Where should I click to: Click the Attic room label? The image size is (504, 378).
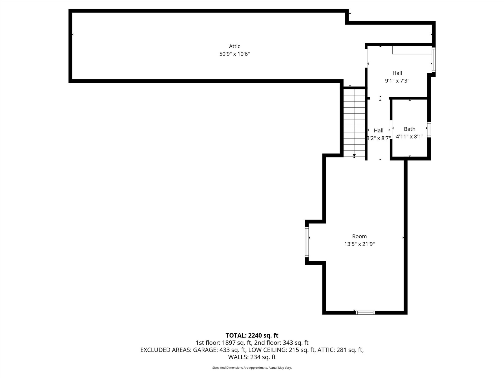point(234,46)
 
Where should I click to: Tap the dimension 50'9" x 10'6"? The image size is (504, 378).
point(234,54)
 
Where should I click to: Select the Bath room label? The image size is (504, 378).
point(409,129)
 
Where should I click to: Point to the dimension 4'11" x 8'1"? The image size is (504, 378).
point(409,137)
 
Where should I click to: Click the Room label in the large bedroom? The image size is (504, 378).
point(359,236)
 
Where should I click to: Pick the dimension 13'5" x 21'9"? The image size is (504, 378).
point(359,244)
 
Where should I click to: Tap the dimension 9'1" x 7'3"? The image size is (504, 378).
point(397,81)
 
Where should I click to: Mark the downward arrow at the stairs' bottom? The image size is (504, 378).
point(354,155)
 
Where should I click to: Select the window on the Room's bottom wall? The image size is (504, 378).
point(365,313)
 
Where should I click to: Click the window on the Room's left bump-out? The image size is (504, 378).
point(307,242)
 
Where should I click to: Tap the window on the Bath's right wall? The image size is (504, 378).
point(429,130)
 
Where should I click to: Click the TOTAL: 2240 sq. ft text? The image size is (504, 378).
point(252,335)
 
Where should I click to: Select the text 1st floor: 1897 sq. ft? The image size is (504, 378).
point(224,343)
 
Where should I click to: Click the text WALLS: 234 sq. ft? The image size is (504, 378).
point(252,357)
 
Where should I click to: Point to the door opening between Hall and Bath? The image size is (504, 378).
point(391,129)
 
